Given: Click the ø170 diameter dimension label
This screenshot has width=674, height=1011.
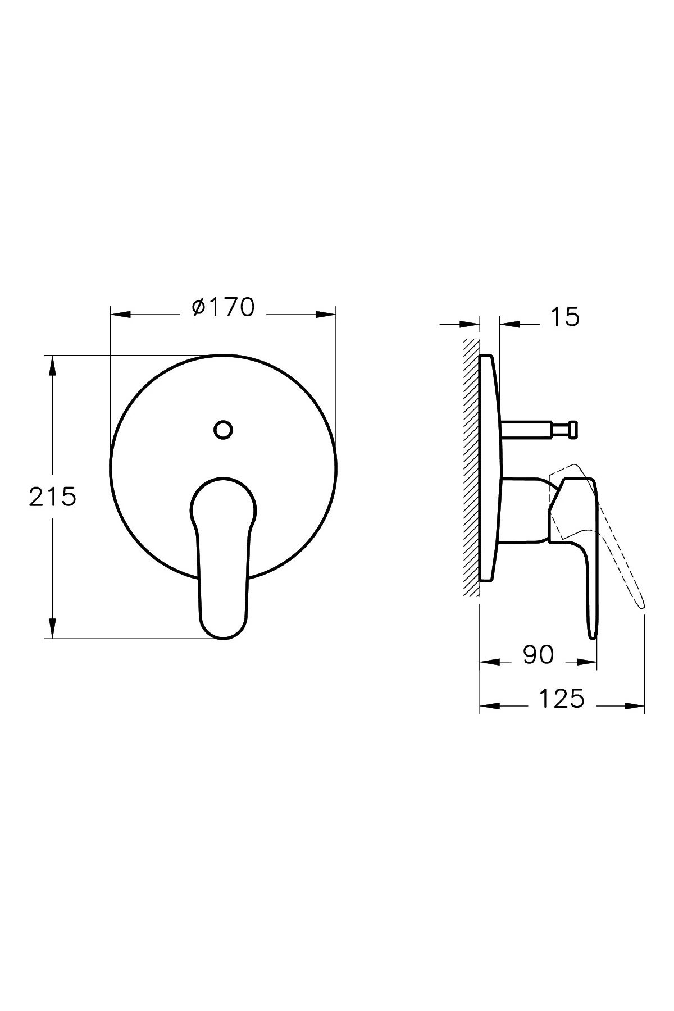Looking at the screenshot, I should tap(224, 307).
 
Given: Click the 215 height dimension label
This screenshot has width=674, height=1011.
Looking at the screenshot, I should tap(52, 497).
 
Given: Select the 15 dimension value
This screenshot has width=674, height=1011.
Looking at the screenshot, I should tap(564, 317).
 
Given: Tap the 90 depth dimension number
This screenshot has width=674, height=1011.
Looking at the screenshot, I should tap(538, 655).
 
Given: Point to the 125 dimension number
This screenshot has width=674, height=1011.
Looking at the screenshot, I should tap(562, 699).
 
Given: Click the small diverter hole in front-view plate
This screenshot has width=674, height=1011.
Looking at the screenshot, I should tap(224, 429).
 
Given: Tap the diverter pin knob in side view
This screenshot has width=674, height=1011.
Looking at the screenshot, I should tap(572, 430).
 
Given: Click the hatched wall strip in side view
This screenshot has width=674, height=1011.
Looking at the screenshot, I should tap(471, 466).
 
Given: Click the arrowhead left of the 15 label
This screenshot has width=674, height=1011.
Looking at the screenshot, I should tap(471, 324).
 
